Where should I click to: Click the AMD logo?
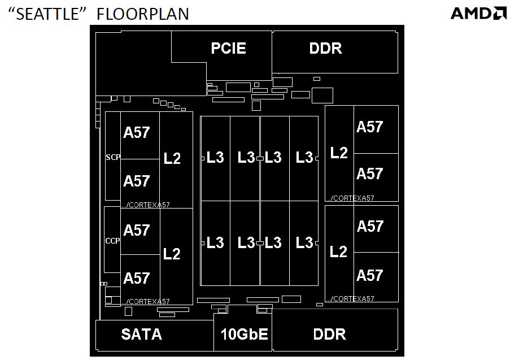tap(478, 13)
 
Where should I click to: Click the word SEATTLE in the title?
tap(51, 14)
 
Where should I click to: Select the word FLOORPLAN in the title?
tap(143, 14)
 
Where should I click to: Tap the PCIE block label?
tap(229, 48)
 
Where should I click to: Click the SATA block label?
tap(141, 334)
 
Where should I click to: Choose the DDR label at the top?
tap(326, 48)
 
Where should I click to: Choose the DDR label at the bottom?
tap(329, 334)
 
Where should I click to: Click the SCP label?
tap(113, 158)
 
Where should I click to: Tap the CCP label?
tap(113, 241)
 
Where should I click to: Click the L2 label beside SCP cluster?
tap(172, 159)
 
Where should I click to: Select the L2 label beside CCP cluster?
tap(172, 254)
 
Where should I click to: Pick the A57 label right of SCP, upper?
tap(137, 133)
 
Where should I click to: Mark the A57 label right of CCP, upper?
tap(137, 230)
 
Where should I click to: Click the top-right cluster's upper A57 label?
tap(370, 127)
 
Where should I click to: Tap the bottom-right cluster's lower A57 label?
tap(370, 275)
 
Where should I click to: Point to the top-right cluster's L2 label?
tap(339, 153)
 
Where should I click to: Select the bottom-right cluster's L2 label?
tap(339, 251)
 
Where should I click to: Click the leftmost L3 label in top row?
tap(215, 157)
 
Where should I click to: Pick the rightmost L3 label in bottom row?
tap(304, 243)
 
